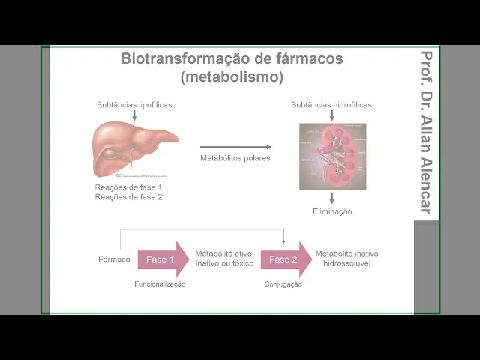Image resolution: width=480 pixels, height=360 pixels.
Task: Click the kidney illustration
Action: pyautogui.click(x=332, y=156)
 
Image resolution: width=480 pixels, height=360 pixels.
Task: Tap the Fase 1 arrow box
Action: pyautogui.click(x=162, y=259)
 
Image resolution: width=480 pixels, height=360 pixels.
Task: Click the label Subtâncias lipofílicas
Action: pyautogui.click(x=134, y=104)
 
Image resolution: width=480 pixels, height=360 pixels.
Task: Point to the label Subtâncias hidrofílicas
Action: pyautogui.click(x=331, y=104)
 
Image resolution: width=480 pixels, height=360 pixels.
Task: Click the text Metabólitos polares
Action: pyautogui.click(x=235, y=158)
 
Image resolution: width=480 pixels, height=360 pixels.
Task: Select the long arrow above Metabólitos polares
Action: pyautogui.click(x=235, y=147)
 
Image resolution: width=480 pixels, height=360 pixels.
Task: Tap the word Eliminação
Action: pyautogui.click(x=332, y=211)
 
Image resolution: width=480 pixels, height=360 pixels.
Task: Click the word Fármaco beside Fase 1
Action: pyautogui.click(x=114, y=259)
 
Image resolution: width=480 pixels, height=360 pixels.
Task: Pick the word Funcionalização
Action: pyautogui.click(x=160, y=284)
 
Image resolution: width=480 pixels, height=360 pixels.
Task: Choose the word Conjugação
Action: pyautogui.click(x=283, y=284)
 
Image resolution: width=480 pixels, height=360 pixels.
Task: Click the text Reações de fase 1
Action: pyautogui.click(x=128, y=187)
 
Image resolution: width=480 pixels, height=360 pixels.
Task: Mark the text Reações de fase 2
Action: pyautogui.click(x=128, y=197)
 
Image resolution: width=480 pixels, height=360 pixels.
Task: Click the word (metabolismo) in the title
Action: pyautogui.click(x=232, y=76)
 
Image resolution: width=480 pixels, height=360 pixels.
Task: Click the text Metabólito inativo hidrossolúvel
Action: pyautogui.click(x=347, y=259)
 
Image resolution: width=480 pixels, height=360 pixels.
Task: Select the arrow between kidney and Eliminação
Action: pyautogui.click(x=332, y=199)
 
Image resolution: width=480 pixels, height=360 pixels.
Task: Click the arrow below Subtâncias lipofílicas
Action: pyautogui.click(x=134, y=115)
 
